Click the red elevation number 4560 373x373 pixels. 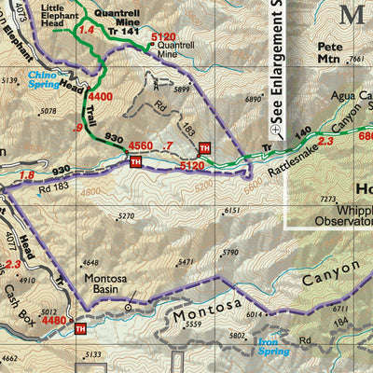tap(140, 145)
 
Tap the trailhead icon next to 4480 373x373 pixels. tap(79, 328)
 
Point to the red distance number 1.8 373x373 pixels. tap(26, 174)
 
